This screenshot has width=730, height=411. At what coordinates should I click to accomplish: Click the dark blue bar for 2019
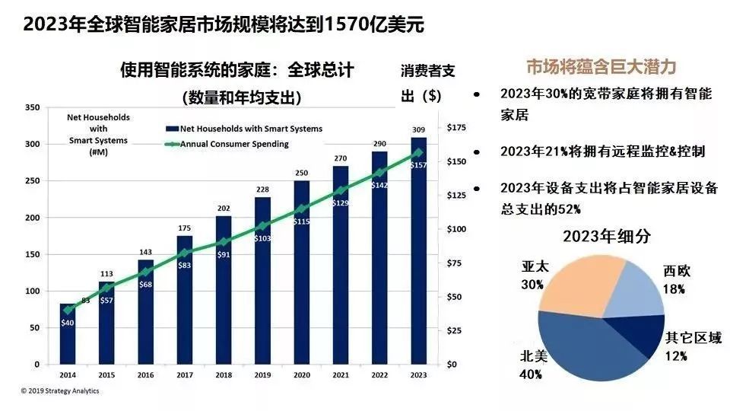coord(262,289)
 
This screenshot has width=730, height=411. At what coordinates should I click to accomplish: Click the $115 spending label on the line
coord(302,221)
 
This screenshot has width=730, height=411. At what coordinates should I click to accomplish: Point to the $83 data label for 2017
coord(186,265)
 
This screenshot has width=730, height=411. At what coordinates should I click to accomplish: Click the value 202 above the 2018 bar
coord(224,208)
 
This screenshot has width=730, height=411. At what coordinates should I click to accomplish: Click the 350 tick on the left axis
coord(31,107)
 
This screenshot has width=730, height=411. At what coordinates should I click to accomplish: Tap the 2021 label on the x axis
coord(341,375)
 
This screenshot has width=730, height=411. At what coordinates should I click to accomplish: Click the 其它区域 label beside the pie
coord(693,339)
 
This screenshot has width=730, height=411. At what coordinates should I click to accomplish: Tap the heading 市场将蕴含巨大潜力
coord(601,67)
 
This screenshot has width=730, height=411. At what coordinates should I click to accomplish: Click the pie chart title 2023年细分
coord(606,236)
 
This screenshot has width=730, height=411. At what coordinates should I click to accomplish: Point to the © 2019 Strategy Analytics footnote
coord(59,391)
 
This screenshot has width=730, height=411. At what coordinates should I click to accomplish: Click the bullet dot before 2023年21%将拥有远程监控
coord(477,152)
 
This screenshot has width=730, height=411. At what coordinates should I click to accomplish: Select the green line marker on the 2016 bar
coord(146,272)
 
